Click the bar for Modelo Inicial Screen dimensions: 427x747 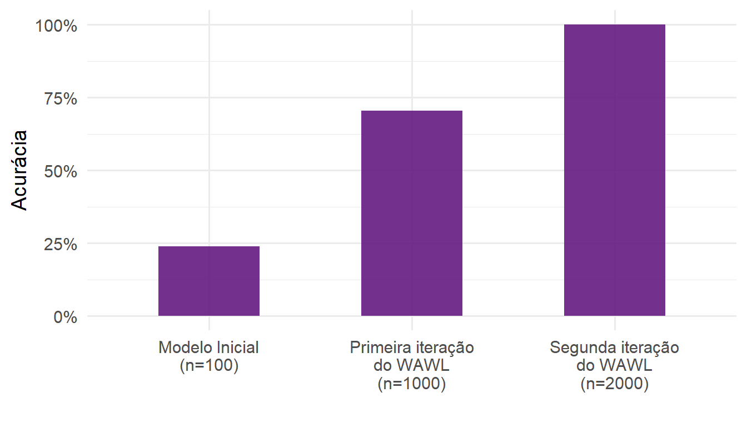(209, 281)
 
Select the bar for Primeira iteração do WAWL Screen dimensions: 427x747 (412, 213)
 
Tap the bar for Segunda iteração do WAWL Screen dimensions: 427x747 (615, 170)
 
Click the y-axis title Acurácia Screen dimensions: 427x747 (20, 170)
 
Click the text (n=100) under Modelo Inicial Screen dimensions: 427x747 (209, 366)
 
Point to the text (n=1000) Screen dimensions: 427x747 (412, 385)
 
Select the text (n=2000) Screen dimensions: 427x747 (615, 385)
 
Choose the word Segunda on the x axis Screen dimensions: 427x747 (581, 348)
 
